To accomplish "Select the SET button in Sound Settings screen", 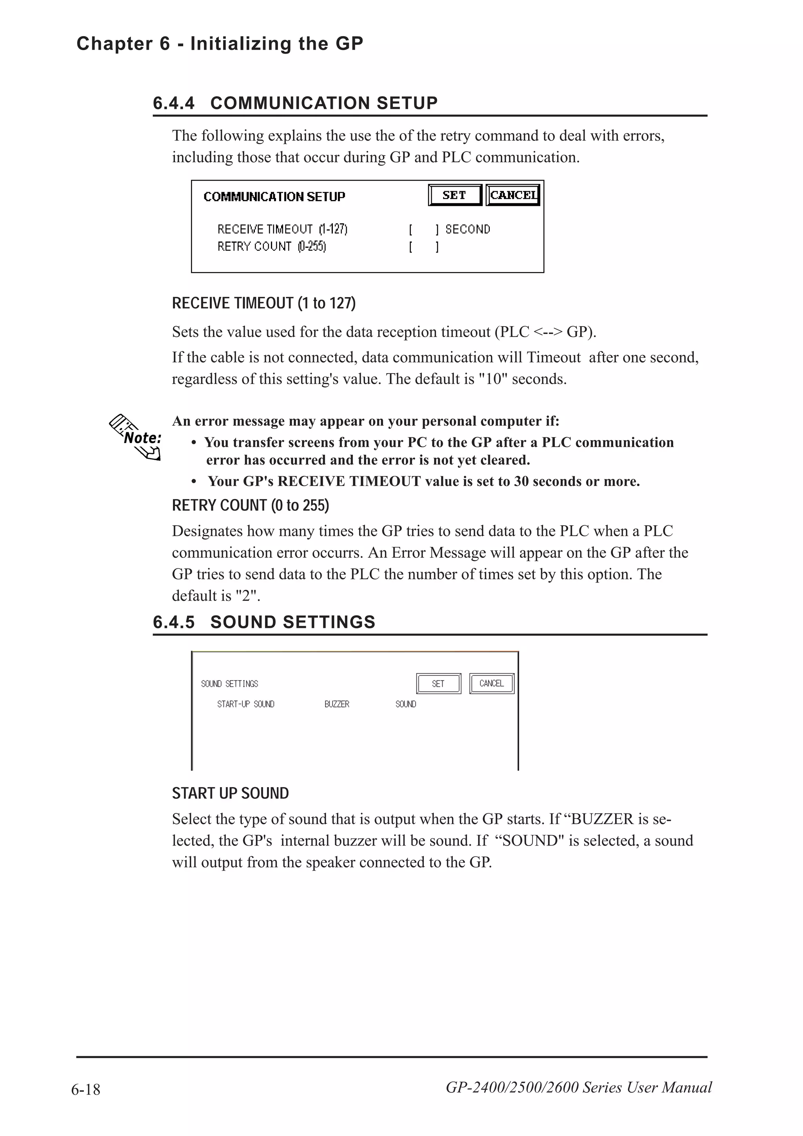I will point(438,683).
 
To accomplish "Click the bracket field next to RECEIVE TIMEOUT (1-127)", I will point(423,229).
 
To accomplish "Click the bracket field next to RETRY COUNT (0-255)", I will point(423,247).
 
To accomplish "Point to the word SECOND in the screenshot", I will point(467,229).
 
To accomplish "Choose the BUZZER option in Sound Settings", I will point(336,704).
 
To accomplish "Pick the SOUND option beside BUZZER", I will point(405,704).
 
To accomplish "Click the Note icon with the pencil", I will point(136,437).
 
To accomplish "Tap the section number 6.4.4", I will point(174,103).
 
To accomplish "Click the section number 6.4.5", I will point(174,622).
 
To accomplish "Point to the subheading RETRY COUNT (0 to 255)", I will point(251,505).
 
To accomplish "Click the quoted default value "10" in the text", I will point(493,379).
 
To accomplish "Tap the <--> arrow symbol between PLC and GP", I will point(548,332).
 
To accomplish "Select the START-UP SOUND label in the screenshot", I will point(245,704).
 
